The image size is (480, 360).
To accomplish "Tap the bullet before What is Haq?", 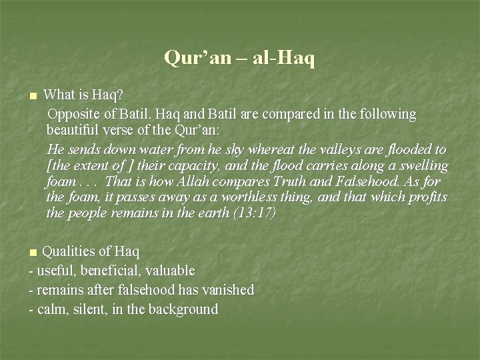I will point(31,97).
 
